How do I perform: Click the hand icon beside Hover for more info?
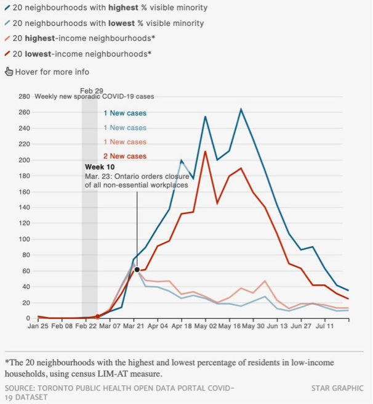point(9,72)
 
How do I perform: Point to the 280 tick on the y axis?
point(24,97)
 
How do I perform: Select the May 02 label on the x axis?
point(206,327)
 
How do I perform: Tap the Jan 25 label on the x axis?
point(39,327)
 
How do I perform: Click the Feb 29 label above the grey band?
point(92,91)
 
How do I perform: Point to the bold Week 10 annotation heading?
point(99,167)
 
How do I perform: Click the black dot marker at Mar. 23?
point(137,270)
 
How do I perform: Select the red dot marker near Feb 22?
point(97,316)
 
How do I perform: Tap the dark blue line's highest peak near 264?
point(241,109)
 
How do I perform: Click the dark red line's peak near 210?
point(205,151)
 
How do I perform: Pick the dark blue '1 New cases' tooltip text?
point(125,113)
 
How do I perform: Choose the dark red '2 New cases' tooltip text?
point(125,156)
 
